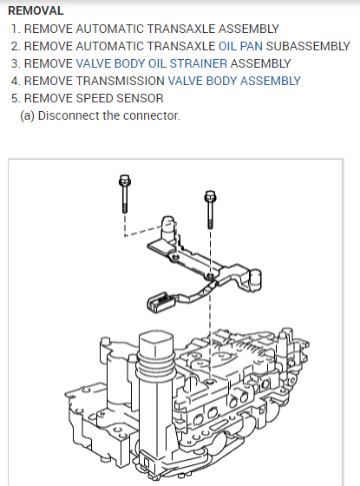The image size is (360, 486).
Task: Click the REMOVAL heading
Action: pyautogui.click(x=36, y=10)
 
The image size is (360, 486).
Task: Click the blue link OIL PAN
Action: pyautogui.click(x=241, y=46)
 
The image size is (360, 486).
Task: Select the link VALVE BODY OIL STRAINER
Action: pyautogui.click(x=152, y=63)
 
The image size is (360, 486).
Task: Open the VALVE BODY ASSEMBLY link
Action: pyautogui.click(x=234, y=81)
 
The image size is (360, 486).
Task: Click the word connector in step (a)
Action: pyautogui.click(x=152, y=115)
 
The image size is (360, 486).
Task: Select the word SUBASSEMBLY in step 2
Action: pyautogui.click(x=308, y=46)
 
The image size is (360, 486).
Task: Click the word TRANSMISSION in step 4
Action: pyautogui.click(x=121, y=81)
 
